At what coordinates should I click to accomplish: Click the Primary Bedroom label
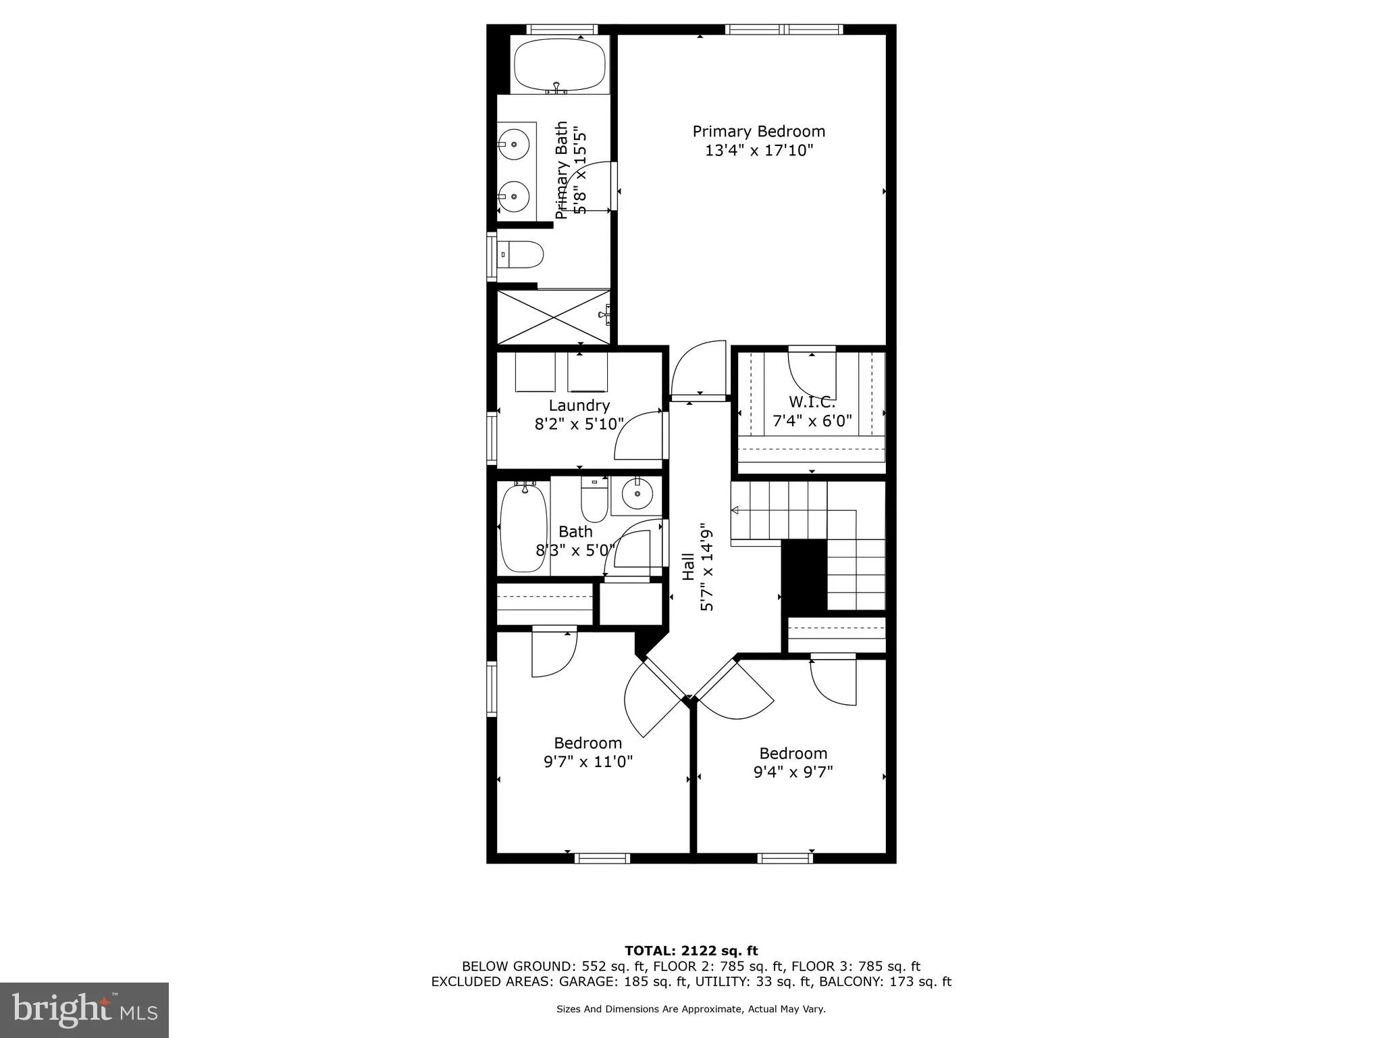pos(758,131)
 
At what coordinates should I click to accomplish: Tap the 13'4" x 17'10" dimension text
pos(758,150)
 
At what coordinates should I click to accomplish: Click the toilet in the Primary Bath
pos(524,255)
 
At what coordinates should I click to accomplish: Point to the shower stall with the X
pos(553,317)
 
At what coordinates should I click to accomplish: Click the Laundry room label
pos(579,405)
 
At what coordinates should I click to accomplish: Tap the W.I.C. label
pos(812,402)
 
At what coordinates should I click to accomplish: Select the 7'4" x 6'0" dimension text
pos(812,421)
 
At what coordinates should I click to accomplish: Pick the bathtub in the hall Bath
pos(523,528)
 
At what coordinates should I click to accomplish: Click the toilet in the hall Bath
pos(594,500)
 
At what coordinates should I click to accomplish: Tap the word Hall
pos(688,566)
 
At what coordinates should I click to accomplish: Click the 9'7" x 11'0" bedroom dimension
pos(588,762)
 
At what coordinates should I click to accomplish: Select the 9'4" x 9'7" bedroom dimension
pos(793,772)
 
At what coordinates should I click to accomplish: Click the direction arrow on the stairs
pos(735,510)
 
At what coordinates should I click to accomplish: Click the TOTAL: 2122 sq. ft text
pos(691,951)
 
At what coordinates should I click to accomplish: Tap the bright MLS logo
pos(84,1010)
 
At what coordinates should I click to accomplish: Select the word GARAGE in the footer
pos(619,982)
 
